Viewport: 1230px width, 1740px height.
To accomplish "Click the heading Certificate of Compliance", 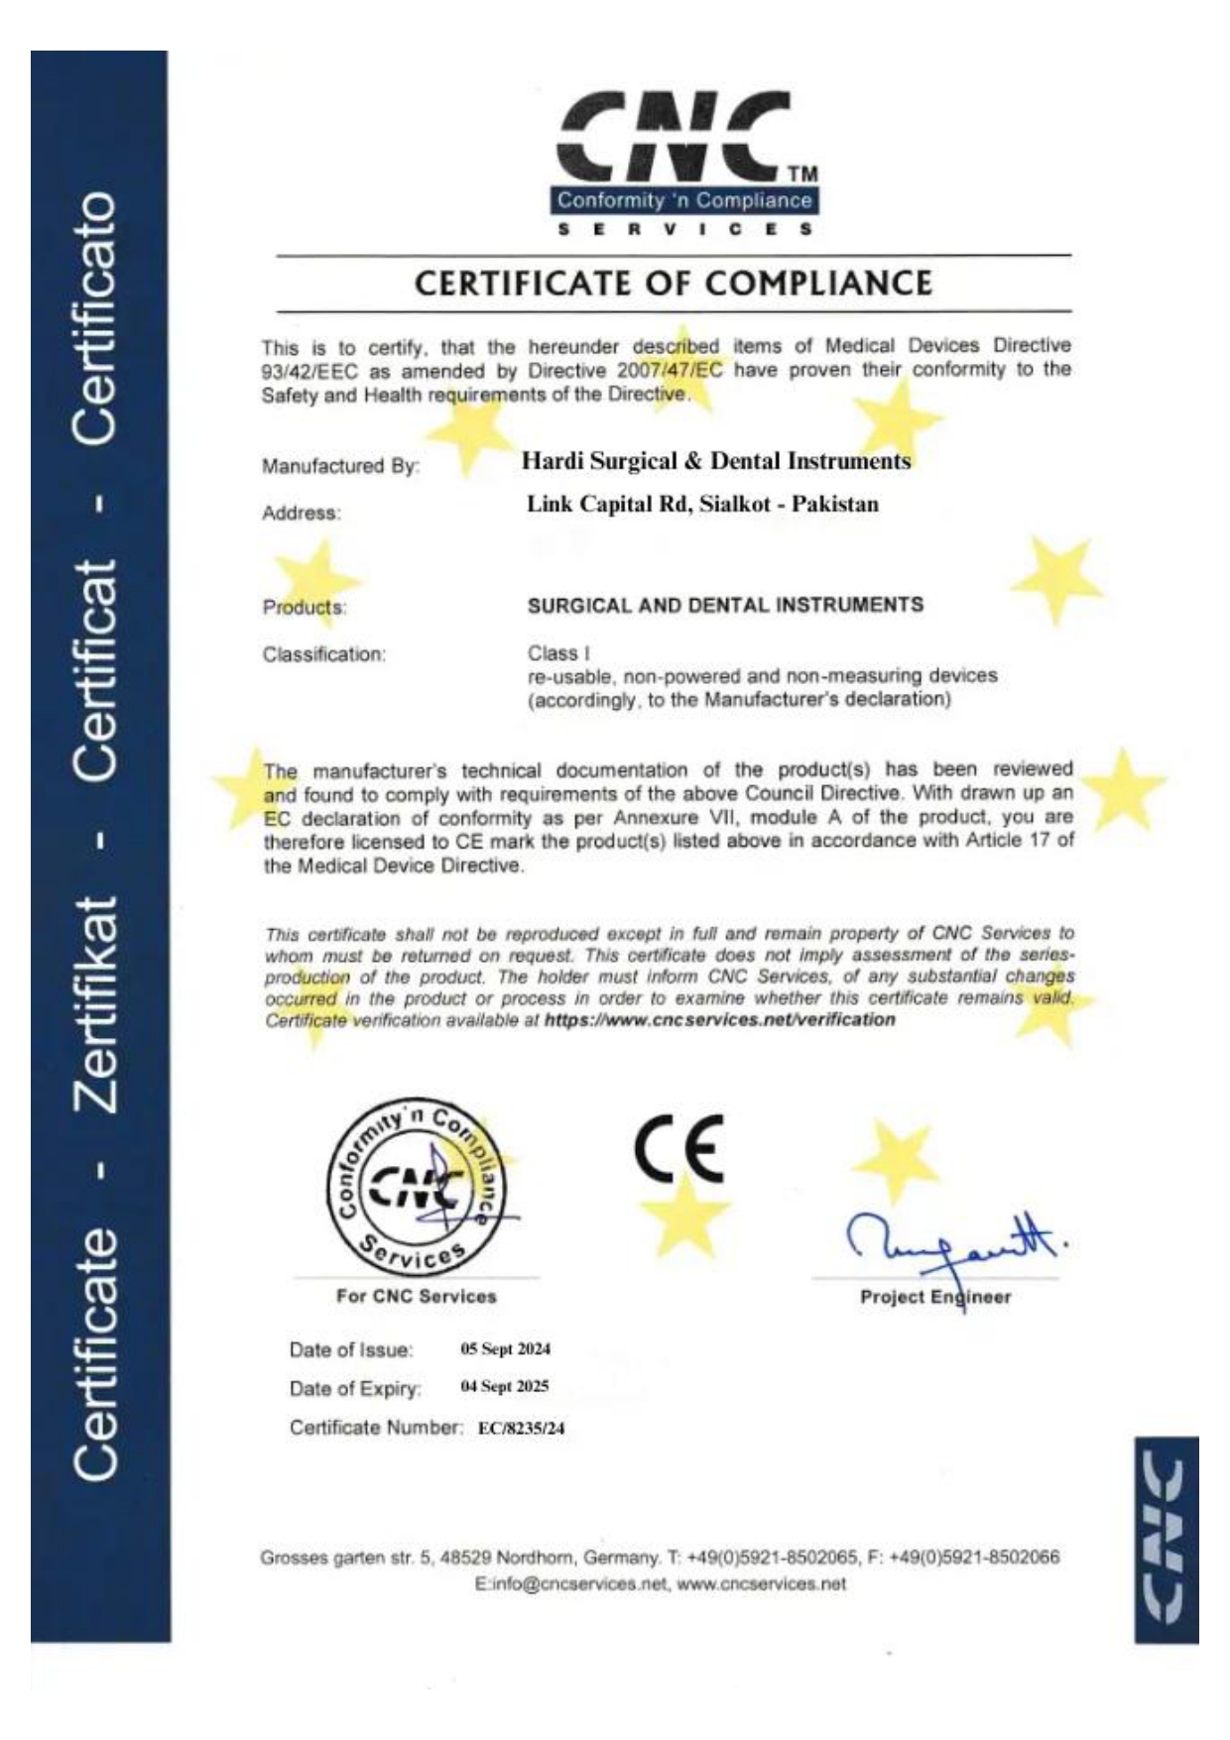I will pyautogui.click(x=674, y=284).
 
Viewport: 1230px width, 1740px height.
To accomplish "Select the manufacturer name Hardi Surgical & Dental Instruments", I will pyautogui.click(x=715, y=461).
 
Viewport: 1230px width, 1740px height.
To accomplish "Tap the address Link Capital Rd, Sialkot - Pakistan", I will pyautogui.click(x=702, y=505).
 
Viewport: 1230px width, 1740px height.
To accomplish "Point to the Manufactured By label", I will pyautogui.click(x=340, y=466).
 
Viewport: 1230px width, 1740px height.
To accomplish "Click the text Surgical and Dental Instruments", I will pyautogui.click(x=725, y=605).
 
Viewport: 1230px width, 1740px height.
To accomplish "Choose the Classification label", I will pyautogui.click(x=323, y=654).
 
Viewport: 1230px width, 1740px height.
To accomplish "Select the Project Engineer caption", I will pyautogui.click(x=935, y=1297).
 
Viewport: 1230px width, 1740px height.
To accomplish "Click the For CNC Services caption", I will pyautogui.click(x=416, y=1296).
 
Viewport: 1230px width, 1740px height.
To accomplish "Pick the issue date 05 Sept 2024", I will pyautogui.click(x=505, y=1348).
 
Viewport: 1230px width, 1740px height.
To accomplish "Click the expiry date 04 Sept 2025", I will pyautogui.click(x=504, y=1386).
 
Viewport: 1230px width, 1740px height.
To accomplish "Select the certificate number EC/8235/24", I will pyautogui.click(x=521, y=1429).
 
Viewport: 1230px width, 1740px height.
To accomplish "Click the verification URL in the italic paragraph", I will pyautogui.click(x=719, y=1020).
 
